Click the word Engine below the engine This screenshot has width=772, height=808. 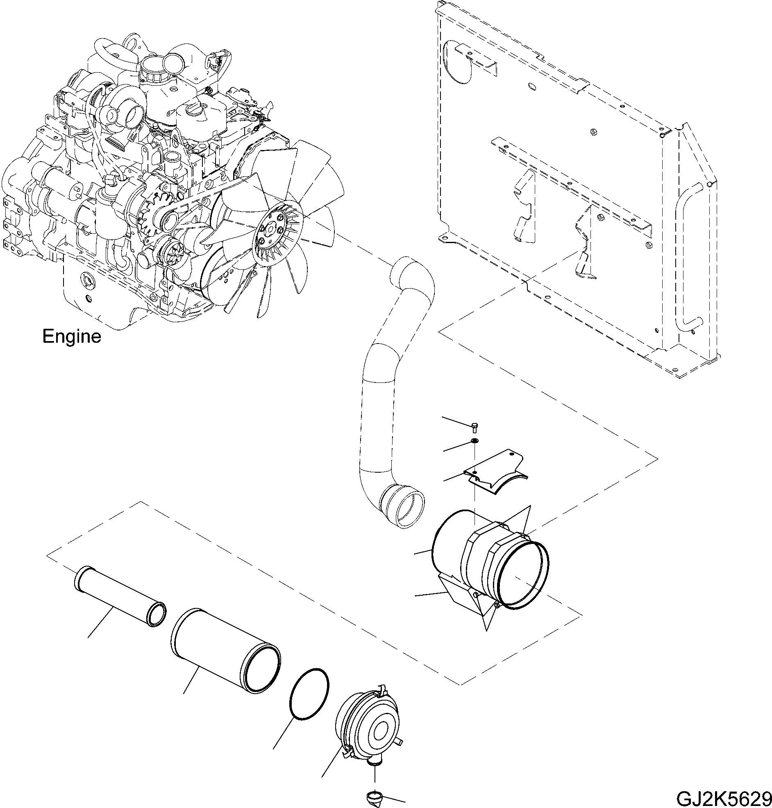click(x=72, y=337)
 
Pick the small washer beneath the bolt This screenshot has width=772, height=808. click(x=474, y=441)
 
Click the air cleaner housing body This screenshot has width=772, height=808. click(x=473, y=564)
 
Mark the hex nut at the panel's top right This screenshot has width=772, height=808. click(x=594, y=132)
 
